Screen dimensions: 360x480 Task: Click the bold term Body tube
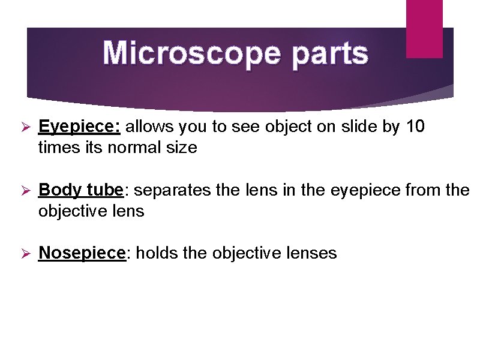tap(80, 191)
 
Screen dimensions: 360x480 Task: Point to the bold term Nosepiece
tap(83, 253)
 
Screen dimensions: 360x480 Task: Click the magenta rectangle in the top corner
tap(424, 28)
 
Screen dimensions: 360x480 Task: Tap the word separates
tap(170, 191)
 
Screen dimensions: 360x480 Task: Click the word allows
tap(148, 127)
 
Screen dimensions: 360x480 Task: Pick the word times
tap(55, 148)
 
